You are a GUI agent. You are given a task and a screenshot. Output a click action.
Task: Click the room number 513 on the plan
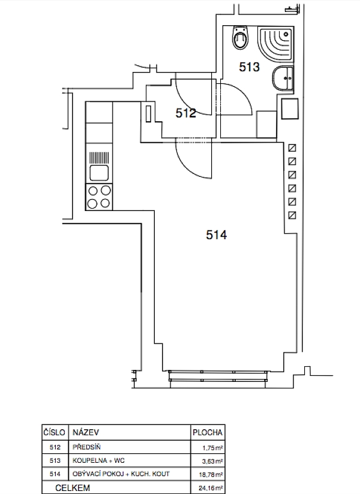click(249, 67)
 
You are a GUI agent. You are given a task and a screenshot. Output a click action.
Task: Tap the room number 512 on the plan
click(185, 113)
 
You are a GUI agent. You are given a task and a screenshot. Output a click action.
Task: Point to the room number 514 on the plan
click(216, 235)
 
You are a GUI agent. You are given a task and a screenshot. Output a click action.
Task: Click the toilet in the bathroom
click(240, 37)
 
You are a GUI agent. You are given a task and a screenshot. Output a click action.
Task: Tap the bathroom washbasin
click(283, 78)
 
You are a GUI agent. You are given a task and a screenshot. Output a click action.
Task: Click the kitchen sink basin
click(99, 173)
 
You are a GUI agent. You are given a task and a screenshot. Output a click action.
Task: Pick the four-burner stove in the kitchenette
click(99, 197)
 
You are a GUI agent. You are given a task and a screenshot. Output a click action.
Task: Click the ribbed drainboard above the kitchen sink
click(99, 158)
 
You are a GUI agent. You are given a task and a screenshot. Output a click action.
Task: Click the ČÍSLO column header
click(54, 432)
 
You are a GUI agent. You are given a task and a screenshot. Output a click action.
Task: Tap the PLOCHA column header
click(208, 433)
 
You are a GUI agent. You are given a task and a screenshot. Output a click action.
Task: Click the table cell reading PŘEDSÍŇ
click(86, 447)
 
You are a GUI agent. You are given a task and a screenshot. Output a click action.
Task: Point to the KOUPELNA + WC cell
click(98, 460)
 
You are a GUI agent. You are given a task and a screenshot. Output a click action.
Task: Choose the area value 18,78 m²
click(211, 474)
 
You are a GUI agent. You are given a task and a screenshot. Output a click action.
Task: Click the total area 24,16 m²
click(211, 489)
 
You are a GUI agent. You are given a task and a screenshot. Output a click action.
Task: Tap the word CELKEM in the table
click(73, 488)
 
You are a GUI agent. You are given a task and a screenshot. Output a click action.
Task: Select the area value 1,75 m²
click(213, 448)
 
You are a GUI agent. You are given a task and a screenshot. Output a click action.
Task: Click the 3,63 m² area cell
click(213, 461)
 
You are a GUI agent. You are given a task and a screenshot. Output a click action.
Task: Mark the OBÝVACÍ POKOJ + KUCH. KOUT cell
click(121, 474)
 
